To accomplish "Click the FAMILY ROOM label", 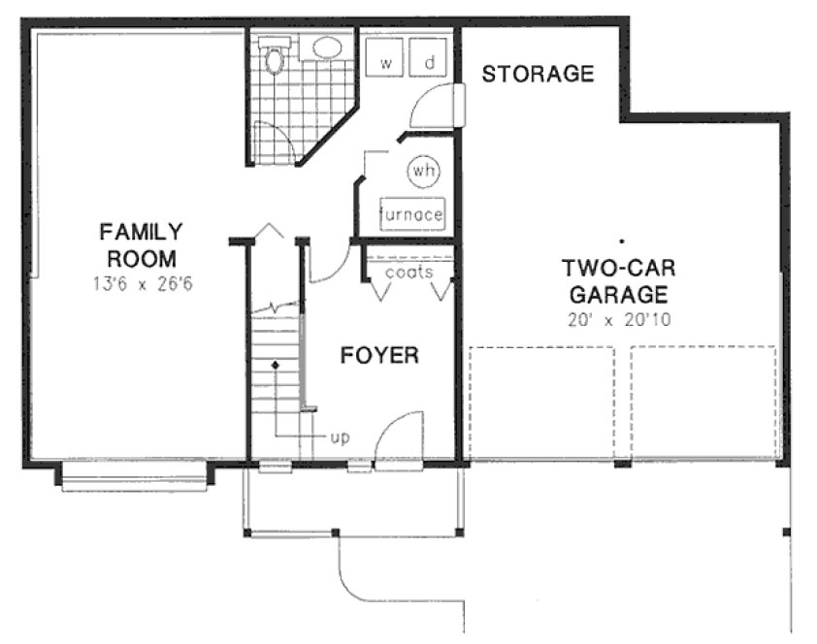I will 141,245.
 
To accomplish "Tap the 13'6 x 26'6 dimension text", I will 141,285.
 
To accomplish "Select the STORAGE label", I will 538,74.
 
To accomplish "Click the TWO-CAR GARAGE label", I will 617,279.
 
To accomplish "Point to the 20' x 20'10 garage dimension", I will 618,317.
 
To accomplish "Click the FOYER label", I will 379,356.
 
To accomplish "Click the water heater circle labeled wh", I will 423,171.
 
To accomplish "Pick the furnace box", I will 412,214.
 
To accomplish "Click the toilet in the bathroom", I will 275,57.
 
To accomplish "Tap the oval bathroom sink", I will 327,48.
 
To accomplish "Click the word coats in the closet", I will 408,273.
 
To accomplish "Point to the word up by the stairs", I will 340,437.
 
